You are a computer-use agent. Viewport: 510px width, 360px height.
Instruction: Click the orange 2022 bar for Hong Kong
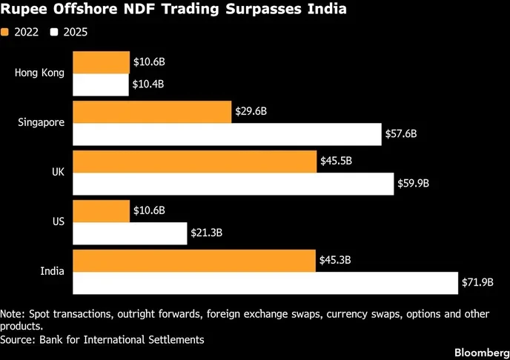coord(101,62)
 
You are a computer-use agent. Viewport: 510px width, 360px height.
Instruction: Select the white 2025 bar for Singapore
coord(226,134)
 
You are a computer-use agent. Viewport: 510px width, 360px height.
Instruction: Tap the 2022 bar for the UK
coord(195,161)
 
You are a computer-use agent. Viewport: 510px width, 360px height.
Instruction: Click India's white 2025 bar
coord(265,282)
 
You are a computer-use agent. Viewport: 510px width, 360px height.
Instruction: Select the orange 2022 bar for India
coord(194,259)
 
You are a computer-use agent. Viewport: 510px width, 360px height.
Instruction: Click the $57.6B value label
coord(401,134)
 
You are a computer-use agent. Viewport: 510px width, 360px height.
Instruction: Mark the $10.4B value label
coord(148,84)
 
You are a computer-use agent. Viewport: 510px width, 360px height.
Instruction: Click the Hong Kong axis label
coord(39,73)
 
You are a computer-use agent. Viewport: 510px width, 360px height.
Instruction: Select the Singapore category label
coord(41,122)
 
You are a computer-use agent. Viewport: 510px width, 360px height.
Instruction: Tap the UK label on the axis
coord(58,172)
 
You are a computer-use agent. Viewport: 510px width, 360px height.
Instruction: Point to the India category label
coord(52,271)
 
